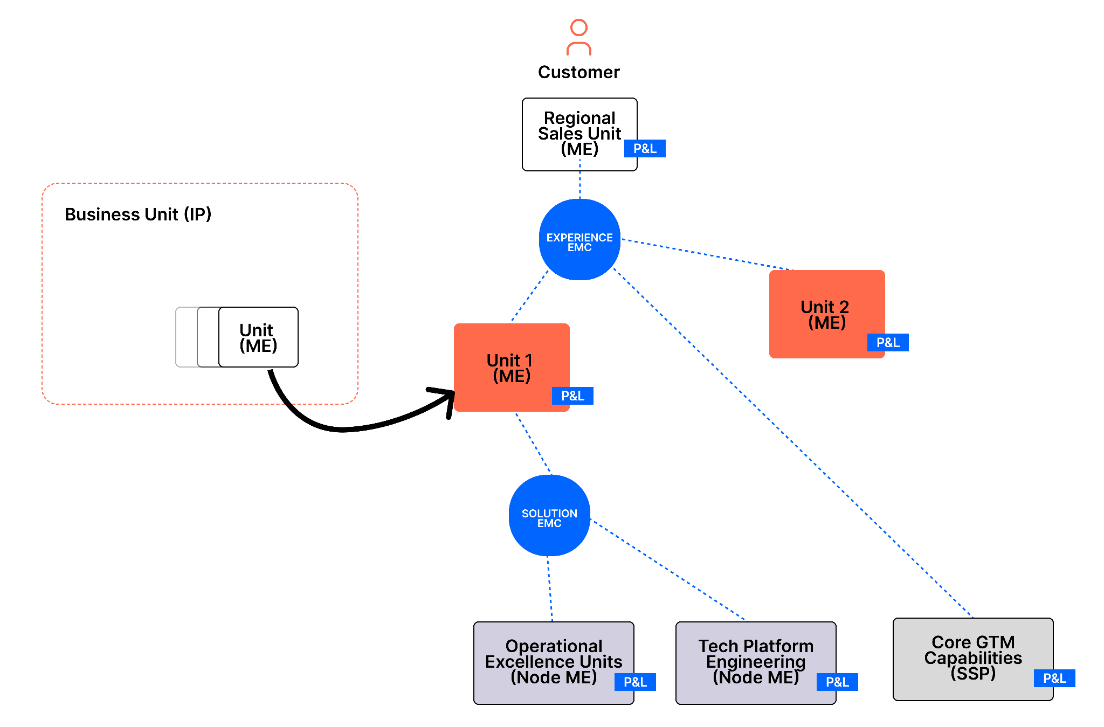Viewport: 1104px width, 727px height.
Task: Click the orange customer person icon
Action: (578, 37)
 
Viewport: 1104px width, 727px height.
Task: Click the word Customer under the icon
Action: (578, 72)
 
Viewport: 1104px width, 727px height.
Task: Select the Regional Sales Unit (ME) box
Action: (579, 134)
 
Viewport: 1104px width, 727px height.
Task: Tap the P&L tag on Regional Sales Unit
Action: (645, 148)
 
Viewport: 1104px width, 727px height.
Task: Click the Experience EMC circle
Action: (579, 239)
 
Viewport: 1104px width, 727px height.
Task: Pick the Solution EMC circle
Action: (549, 515)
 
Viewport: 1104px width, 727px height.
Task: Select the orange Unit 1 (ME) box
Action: (512, 368)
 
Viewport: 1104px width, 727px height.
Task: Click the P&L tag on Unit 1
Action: (572, 396)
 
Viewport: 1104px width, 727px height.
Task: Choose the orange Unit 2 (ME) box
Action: (827, 314)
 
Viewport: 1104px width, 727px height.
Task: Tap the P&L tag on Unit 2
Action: (888, 342)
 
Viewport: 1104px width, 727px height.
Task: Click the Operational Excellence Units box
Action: (554, 663)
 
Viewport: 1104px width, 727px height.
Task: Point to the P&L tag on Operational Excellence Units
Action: (635, 682)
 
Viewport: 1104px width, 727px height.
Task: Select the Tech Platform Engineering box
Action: (756, 663)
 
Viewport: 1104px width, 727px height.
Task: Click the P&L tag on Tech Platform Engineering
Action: (837, 682)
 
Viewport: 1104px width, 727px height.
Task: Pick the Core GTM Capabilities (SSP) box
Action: (973, 659)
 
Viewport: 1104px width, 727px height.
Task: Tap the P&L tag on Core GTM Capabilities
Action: (1054, 678)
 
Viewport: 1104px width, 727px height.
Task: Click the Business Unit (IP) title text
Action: (138, 214)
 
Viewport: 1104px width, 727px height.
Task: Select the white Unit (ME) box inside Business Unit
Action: (258, 337)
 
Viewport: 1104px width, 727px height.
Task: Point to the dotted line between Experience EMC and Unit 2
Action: (707, 254)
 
